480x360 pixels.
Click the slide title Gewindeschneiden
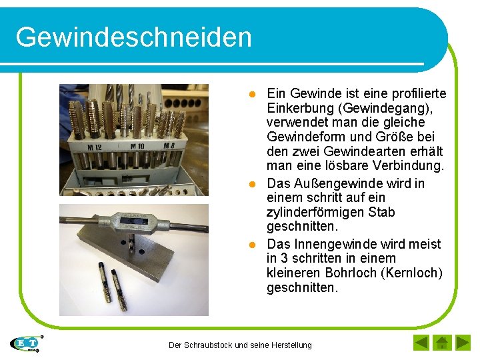(x=134, y=37)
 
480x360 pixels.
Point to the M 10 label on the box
(x=138, y=146)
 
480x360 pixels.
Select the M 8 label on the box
(x=169, y=146)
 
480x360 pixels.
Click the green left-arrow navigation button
(x=421, y=343)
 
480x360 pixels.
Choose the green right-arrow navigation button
(x=462, y=343)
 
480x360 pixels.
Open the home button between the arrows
(x=441, y=343)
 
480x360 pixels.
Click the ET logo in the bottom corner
(x=27, y=343)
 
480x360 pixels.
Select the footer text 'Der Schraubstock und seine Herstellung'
(x=240, y=345)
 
